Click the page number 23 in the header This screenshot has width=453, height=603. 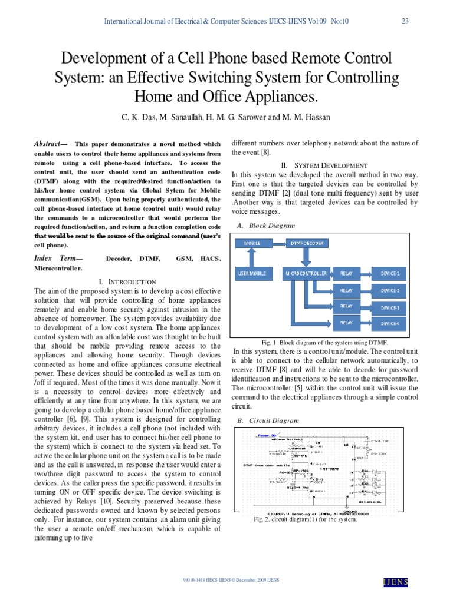pos(405,21)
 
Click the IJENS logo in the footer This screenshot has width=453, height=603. pos(396,582)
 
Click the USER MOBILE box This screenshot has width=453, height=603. pos(252,273)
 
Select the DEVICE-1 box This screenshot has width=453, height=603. pos(389,273)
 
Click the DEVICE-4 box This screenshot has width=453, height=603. pos(389,323)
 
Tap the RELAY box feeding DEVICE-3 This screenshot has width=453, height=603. pos(346,307)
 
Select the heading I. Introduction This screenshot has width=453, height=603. pos(127,282)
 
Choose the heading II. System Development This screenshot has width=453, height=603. pos(325,165)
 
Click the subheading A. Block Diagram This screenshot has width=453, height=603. pos(266,226)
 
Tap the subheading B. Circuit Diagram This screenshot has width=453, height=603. pos(268,420)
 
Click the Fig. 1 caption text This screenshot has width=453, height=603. pos(325,342)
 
